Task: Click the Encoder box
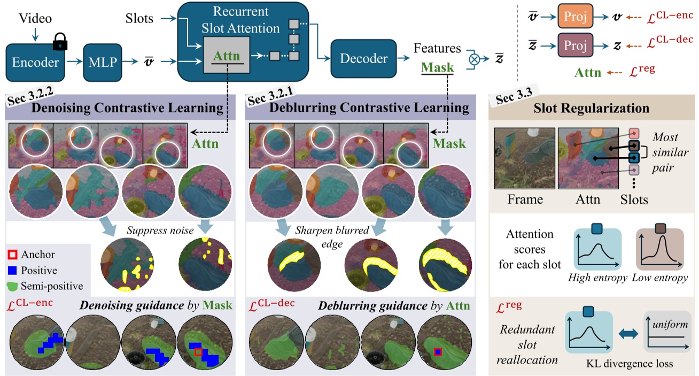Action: point(36,63)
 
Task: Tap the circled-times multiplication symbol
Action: point(472,59)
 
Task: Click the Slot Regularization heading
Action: point(592,108)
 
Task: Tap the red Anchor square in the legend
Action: point(14,255)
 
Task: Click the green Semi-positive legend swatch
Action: point(14,287)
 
